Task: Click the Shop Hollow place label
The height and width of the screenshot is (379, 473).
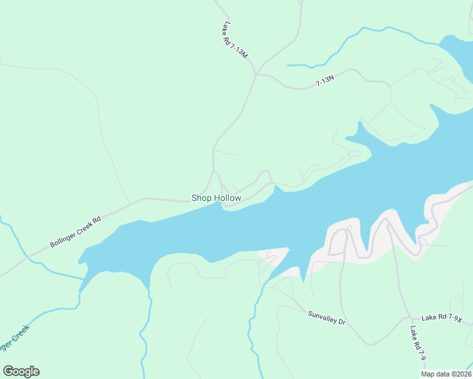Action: click(216, 198)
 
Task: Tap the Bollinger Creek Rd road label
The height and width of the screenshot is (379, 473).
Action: click(75, 232)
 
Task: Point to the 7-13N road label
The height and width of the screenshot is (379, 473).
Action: click(324, 80)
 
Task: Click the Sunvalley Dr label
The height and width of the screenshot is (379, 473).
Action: click(326, 318)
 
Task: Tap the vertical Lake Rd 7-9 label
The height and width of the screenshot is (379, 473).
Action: click(418, 344)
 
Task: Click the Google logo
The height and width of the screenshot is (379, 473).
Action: click(21, 371)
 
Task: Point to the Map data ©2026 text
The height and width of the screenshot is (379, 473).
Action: click(446, 374)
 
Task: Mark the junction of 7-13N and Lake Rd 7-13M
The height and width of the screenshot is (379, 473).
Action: click(255, 74)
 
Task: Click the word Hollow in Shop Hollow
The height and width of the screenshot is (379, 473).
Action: click(227, 198)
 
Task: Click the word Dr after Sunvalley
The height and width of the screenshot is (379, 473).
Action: click(341, 322)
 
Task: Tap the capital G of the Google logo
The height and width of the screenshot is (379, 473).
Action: click(8, 371)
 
